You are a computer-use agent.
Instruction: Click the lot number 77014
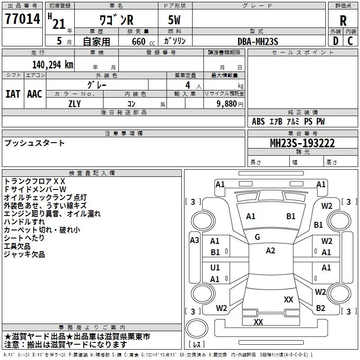(x=22, y=19)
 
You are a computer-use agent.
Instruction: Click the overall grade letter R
(x=343, y=21)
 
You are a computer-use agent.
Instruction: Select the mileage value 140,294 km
(x=53, y=65)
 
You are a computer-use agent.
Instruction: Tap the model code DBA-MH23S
(x=258, y=41)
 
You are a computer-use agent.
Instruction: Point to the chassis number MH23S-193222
(x=302, y=143)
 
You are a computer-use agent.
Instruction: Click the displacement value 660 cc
(x=143, y=41)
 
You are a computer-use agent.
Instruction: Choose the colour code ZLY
(x=75, y=104)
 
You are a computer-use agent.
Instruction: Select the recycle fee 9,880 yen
(x=230, y=104)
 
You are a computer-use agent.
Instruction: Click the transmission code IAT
(x=13, y=94)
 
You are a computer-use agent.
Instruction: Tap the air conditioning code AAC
(x=35, y=94)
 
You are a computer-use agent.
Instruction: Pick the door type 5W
(x=174, y=20)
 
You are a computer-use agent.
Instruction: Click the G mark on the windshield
(x=257, y=237)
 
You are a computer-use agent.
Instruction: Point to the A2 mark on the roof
(x=270, y=251)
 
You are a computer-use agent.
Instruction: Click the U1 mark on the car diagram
(x=215, y=267)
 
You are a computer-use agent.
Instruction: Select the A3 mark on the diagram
(x=194, y=240)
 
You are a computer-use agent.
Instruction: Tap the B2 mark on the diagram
(x=320, y=308)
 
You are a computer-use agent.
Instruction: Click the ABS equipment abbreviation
(x=258, y=121)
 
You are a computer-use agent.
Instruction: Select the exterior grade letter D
(x=336, y=41)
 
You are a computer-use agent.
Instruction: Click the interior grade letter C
(x=350, y=41)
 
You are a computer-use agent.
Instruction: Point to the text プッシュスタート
(x=35, y=143)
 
